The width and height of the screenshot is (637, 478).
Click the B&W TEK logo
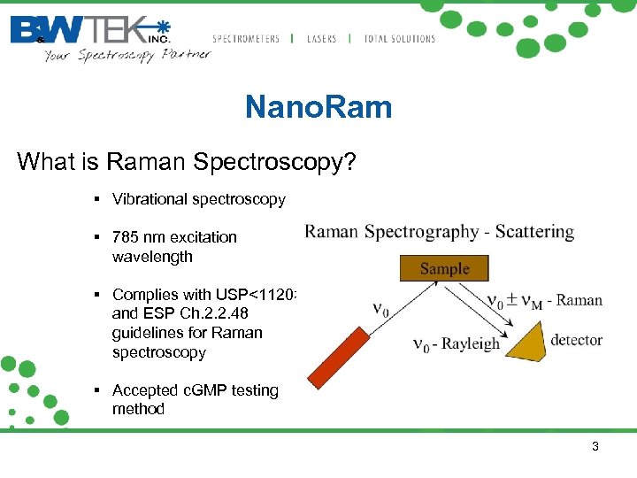click(89, 30)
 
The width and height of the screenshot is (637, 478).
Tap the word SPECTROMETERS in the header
click(246, 39)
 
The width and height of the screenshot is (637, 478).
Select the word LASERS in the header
click(322, 39)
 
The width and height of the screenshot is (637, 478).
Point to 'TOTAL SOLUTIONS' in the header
click(400, 39)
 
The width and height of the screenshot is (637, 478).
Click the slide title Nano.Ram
click(318, 108)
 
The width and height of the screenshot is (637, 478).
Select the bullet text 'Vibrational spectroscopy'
click(198, 199)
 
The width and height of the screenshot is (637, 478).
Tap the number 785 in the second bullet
click(126, 237)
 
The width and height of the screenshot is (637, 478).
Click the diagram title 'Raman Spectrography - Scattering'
click(439, 233)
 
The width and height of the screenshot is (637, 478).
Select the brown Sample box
click(444, 268)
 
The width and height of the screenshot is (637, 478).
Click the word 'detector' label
click(576, 340)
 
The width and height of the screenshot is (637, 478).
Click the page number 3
click(595, 447)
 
